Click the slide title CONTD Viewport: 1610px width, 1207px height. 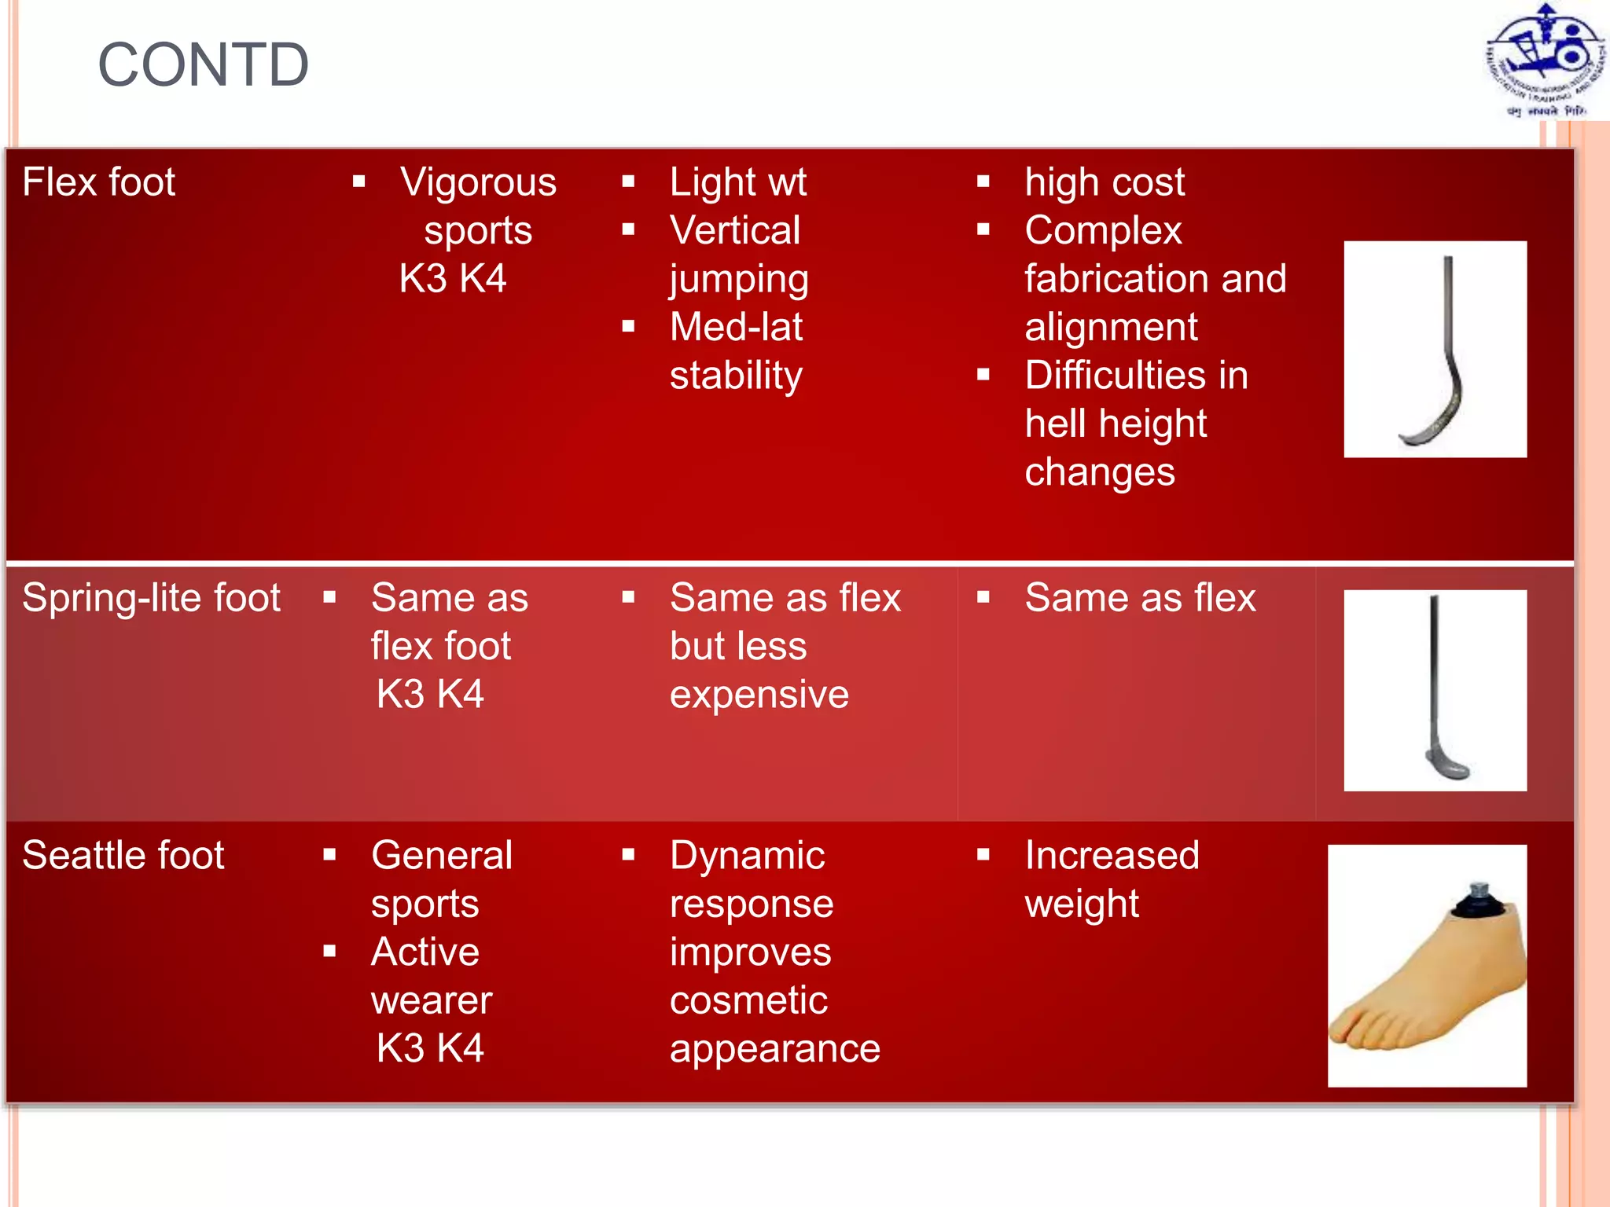[203, 64]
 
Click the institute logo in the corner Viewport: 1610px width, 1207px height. [1545, 61]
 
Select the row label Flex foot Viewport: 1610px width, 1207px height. [98, 182]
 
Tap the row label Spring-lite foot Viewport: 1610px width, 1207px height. [151, 598]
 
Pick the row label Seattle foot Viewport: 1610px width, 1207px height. [123, 856]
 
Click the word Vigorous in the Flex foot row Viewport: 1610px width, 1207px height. [478, 182]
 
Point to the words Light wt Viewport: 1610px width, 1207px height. [737, 182]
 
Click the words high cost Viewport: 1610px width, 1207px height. [1104, 182]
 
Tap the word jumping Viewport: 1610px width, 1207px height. [739, 280]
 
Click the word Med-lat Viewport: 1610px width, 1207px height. [736, 327]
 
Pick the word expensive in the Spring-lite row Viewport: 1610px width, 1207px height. [759, 695]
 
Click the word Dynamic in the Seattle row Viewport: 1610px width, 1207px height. [747, 856]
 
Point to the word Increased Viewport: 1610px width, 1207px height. [1112, 856]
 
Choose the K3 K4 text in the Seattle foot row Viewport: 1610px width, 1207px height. [430, 1048]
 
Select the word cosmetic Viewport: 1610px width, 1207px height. [748, 1000]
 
